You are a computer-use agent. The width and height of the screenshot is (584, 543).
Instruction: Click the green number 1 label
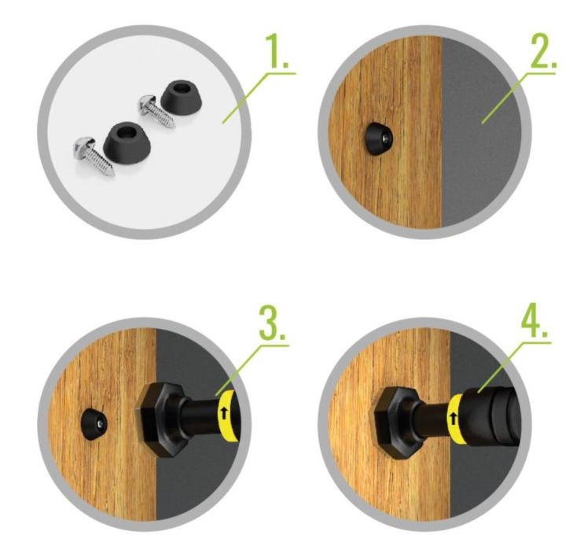pos(277,50)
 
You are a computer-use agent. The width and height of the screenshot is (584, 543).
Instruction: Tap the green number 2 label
pos(542,50)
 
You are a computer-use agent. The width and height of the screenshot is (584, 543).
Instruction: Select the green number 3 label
pos(272,323)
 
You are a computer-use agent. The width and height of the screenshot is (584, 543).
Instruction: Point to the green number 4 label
pos(534,321)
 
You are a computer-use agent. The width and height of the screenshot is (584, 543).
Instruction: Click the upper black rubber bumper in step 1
pos(182,98)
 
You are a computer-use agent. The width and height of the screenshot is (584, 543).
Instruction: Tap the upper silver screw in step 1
pos(156,111)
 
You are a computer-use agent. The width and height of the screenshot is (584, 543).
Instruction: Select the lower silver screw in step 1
pos(94,157)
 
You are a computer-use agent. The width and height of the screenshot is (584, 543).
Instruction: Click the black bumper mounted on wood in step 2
pos(377,141)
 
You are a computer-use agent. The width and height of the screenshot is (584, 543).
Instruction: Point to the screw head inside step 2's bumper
pos(386,140)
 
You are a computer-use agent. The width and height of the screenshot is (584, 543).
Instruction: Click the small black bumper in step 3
pos(94,424)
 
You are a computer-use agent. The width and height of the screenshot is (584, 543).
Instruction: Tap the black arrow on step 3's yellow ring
pos(224,414)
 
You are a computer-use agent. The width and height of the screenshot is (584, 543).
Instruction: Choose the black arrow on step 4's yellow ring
pos(454,418)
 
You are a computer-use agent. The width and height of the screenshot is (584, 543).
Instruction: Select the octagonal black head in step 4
pos(396,423)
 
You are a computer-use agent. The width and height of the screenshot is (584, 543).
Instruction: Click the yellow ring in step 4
pos(456,420)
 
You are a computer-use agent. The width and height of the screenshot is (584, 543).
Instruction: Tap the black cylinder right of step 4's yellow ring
pos(490,417)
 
